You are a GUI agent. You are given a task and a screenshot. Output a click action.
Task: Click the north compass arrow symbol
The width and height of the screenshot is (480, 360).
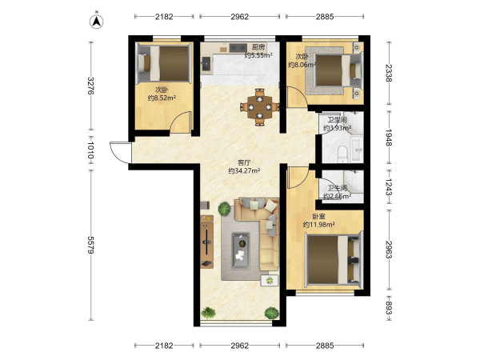[97, 21]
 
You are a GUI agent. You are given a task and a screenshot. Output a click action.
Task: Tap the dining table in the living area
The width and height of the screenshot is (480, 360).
[259, 107]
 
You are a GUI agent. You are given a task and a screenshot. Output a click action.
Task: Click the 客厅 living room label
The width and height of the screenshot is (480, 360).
[244, 162]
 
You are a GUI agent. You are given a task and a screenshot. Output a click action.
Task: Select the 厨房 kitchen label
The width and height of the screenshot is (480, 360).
[258, 47]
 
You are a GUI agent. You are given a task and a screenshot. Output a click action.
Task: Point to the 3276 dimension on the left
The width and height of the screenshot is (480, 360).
[90, 86]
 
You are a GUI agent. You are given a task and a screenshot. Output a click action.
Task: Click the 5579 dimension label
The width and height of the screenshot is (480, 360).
[90, 245]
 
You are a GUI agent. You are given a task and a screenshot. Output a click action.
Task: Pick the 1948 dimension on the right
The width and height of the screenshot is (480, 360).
[389, 138]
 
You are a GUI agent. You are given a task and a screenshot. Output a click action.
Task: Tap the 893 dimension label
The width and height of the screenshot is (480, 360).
[389, 307]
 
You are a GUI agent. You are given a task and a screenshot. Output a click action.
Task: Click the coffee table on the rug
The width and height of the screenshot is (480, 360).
[241, 250]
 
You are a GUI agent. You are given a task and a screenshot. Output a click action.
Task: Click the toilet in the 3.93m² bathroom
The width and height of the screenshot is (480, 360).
[342, 154]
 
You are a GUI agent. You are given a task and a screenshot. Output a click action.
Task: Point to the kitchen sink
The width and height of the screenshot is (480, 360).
[206, 64]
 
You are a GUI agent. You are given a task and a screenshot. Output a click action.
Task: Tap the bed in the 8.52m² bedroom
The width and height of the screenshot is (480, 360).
[165, 63]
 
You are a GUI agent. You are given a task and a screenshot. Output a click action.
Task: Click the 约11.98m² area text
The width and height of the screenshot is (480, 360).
[318, 225]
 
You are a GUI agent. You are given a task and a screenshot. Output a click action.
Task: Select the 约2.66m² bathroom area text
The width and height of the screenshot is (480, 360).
[337, 196]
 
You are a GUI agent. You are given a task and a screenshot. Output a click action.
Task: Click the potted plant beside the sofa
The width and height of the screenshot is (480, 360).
[224, 209]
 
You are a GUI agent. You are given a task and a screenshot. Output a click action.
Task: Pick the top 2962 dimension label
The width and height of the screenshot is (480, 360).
[240, 17]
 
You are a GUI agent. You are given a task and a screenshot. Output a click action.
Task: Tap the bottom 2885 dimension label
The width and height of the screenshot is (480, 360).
[325, 346]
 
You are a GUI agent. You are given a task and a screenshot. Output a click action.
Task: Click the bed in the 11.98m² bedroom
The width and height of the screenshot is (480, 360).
[334, 259]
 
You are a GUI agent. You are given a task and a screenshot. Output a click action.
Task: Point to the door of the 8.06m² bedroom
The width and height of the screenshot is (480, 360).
[296, 97]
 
